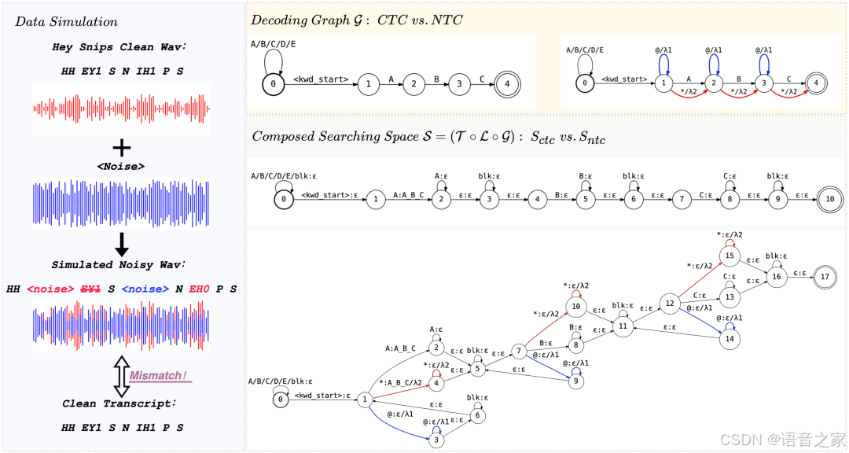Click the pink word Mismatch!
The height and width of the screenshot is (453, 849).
[x=159, y=376]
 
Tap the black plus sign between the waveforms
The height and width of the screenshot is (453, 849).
[x=121, y=148]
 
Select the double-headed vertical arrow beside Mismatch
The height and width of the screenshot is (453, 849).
[x=121, y=375]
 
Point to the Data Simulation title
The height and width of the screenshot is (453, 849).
[x=67, y=21]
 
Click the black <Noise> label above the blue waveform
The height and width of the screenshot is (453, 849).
[x=121, y=167]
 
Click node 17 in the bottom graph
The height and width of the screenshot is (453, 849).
[x=824, y=276]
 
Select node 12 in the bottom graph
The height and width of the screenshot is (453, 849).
[x=671, y=303]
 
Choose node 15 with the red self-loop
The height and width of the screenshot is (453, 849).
[x=729, y=256]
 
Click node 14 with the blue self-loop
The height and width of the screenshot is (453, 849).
[x=729, y=338]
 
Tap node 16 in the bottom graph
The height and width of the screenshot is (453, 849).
[x=777, y=276]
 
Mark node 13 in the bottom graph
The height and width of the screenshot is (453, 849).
[x=729, y=297]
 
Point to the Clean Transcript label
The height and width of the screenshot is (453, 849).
[x=119, y=403]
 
